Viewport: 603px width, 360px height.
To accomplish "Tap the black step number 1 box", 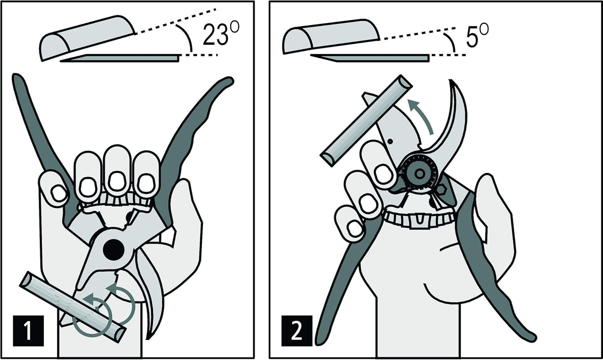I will point(28,331).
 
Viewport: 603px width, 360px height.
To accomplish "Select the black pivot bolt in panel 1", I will point(114,250).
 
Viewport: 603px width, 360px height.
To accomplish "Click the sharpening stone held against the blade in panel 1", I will point(73,306).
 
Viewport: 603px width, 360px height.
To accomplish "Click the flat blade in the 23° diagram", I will point(121,58).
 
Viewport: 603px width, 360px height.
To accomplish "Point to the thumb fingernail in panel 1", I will point(58,193).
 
